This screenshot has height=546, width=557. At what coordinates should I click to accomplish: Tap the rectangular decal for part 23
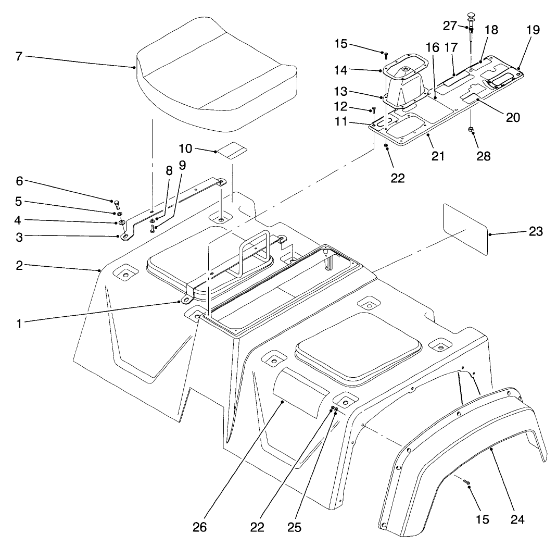pyautogui.click(x=465, y=229)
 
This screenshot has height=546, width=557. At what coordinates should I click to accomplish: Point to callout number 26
pyautogui.click(x=199, y=527)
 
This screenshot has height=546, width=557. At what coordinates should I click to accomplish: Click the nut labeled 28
pyautogui.click(x=471, y=129)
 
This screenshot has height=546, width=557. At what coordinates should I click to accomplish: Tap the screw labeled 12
pyautogui.click(x=374, y=110)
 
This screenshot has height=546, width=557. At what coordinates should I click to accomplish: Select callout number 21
pyautogui.click(x=438, y=155)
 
